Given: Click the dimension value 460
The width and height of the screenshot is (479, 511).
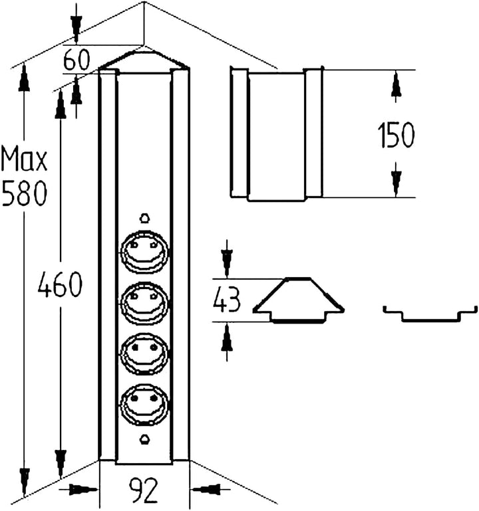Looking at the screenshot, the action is click(x=60, y=284).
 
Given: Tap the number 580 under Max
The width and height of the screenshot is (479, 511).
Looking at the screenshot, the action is click(x=25, y=193).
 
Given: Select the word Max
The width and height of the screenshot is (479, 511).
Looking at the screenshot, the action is click(x=24, y=159).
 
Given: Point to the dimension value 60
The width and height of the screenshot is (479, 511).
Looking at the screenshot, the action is click(x=76, y=60).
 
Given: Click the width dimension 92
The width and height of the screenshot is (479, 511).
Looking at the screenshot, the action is click(x=144, y=490).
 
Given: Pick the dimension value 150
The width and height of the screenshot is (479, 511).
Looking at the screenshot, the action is click(x=396, y=135).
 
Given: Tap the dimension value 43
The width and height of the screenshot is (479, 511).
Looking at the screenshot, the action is click(x=226, y=300).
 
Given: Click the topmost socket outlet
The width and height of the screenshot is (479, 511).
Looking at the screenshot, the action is click(x=144, y=251).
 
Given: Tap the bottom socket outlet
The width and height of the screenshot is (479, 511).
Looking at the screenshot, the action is click(x=144, y=405).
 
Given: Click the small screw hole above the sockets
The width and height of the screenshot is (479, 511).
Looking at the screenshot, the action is click(x=144, y=218).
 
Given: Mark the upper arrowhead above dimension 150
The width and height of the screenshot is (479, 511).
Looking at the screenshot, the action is click(x=396, y=85).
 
